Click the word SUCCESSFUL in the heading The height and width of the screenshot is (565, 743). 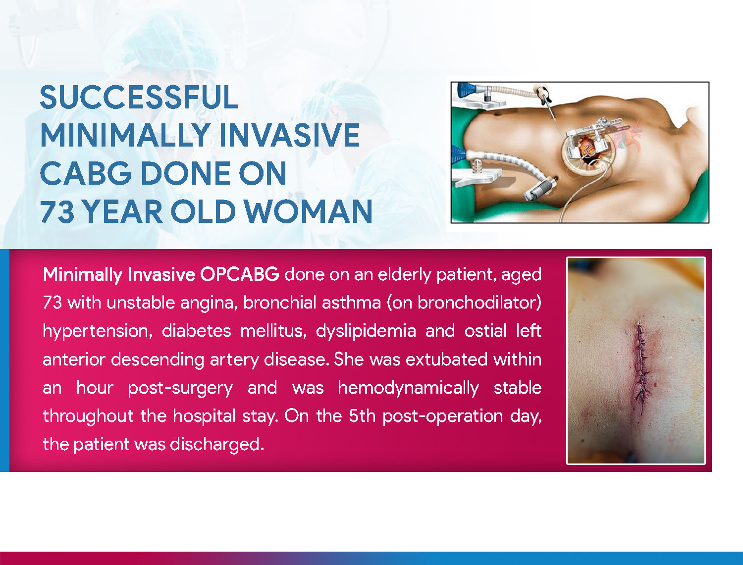point(139,98)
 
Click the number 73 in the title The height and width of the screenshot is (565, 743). point(56,212)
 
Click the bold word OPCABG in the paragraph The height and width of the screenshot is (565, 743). point(239,274)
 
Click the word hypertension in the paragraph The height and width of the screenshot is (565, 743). point(97,331)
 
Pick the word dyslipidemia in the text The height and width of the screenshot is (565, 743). point(366,331)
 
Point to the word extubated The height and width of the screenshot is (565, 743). point(446,359)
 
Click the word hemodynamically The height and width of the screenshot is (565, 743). point(408,388)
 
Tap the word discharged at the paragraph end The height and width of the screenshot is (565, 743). point(216,444)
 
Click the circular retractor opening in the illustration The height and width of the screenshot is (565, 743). point(588,151)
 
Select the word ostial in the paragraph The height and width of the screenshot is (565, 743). point(485,331)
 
